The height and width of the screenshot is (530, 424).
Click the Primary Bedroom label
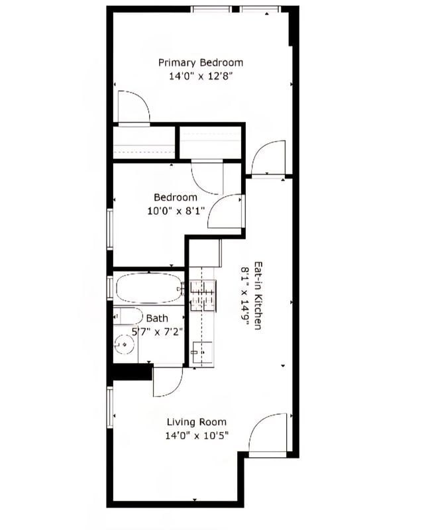(x=200, y=62)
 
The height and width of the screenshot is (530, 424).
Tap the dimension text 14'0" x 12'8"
(x=200, y=76)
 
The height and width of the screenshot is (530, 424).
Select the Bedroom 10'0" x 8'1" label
(x=176, y=204)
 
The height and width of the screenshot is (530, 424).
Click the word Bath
(x=157, y=319)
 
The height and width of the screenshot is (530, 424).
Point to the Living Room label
(x=196, y=422)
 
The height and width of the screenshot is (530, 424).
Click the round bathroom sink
(x=123, y=344)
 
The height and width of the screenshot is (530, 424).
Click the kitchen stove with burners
(x=203, y=295)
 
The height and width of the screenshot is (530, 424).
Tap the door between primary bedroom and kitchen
(x=268, y=159)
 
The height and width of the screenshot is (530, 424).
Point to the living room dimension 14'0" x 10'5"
(x=197, y=436)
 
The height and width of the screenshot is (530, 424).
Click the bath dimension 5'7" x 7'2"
(x=156, y=331)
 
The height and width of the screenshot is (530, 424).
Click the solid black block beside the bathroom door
(x=129, y=373)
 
